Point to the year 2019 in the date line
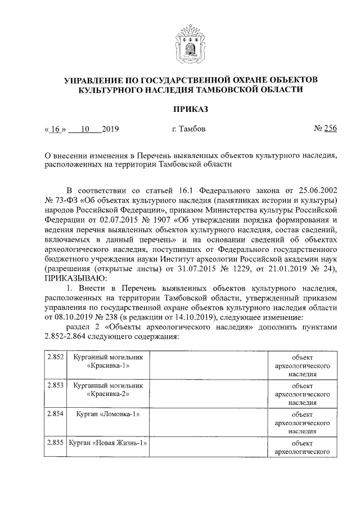(110, 129)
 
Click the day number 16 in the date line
(55, 129)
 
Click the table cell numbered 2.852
(55, 357)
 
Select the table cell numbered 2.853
(55, 386)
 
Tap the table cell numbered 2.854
(55, 415)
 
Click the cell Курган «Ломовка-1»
(108, 415)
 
